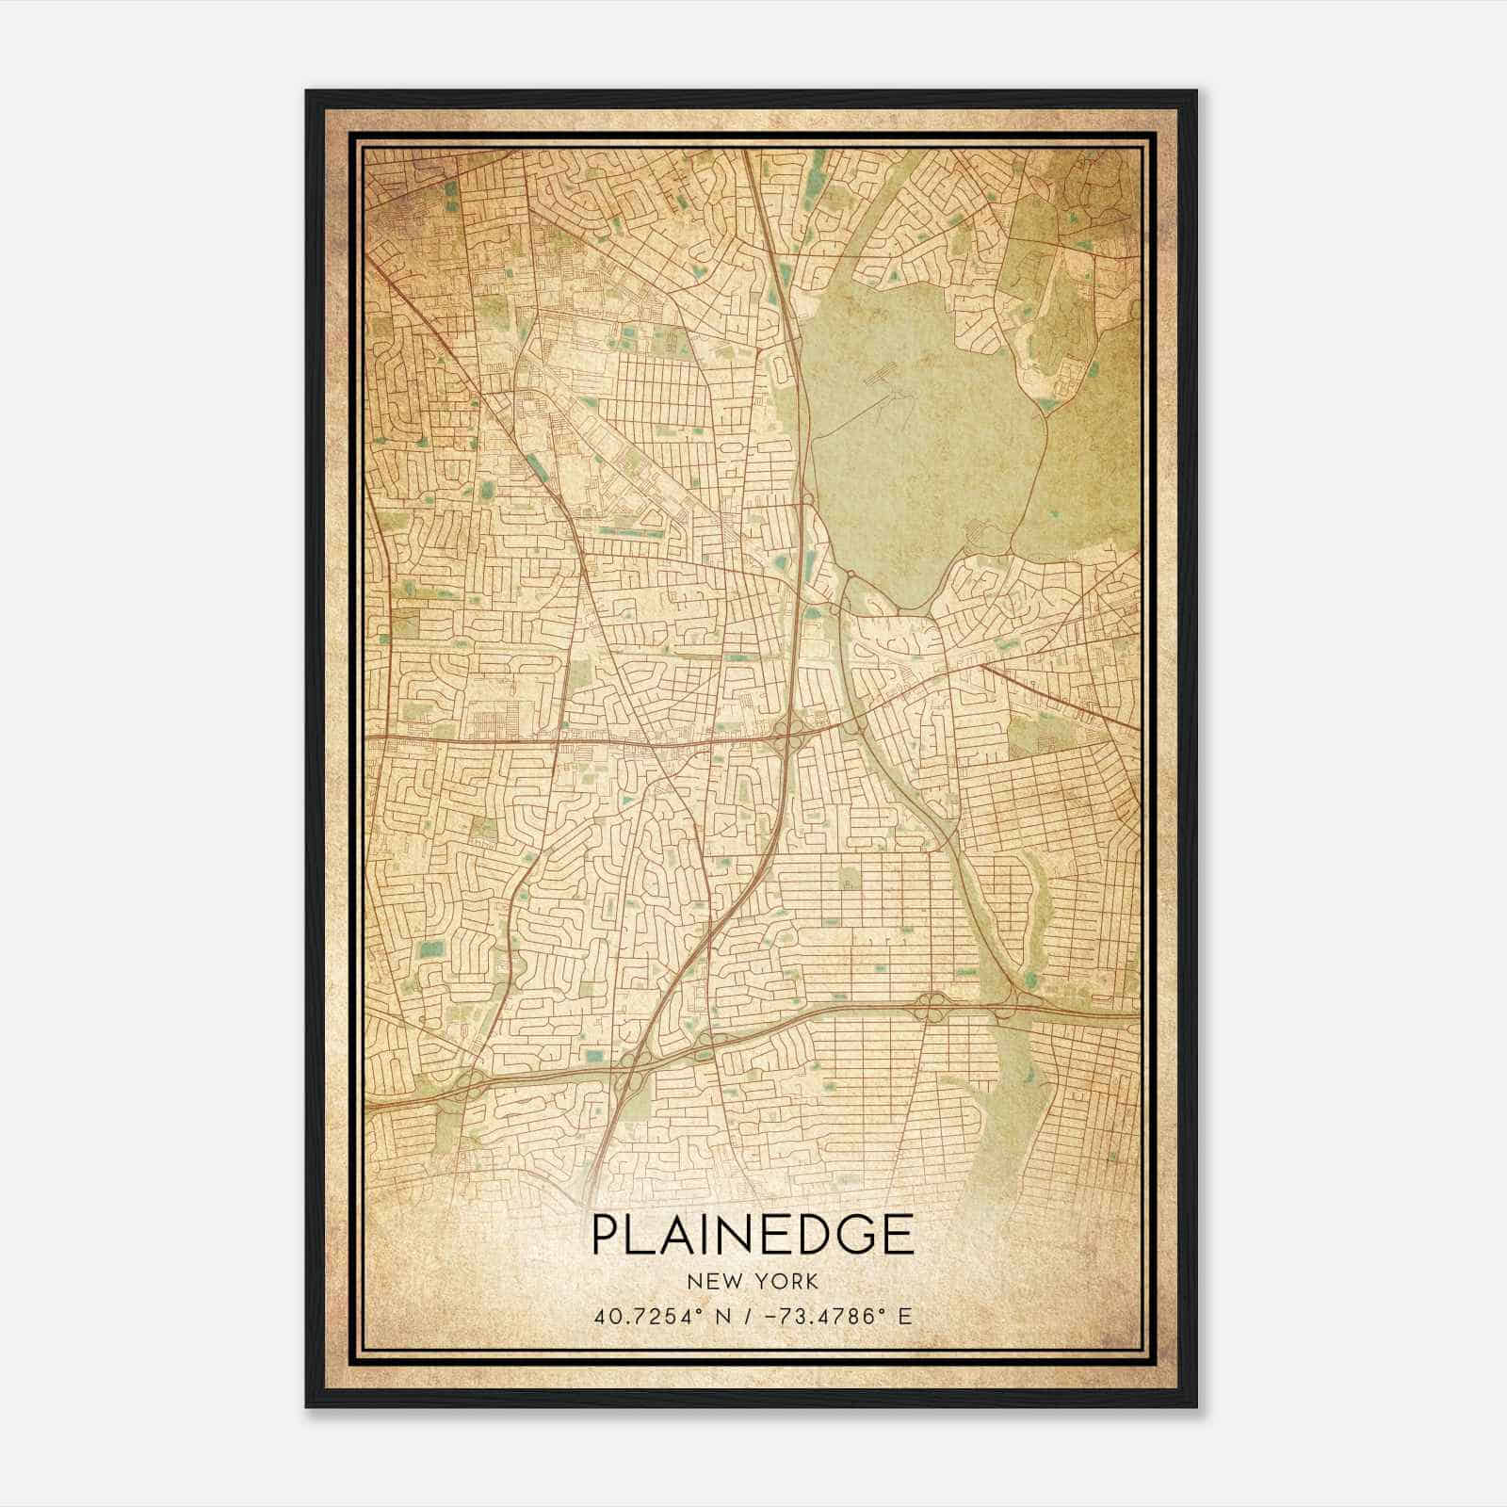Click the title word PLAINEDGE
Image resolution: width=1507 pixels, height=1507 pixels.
coord(753,1235)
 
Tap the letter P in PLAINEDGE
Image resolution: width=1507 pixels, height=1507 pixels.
coord(606,1235)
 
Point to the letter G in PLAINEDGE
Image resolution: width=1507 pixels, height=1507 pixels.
coord(858,1235)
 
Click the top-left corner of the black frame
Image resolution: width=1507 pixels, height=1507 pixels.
coord(307,92)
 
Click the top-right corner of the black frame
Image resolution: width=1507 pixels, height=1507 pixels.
coord(1196,92)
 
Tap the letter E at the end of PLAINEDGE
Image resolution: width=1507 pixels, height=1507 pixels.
coord(899,1235)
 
